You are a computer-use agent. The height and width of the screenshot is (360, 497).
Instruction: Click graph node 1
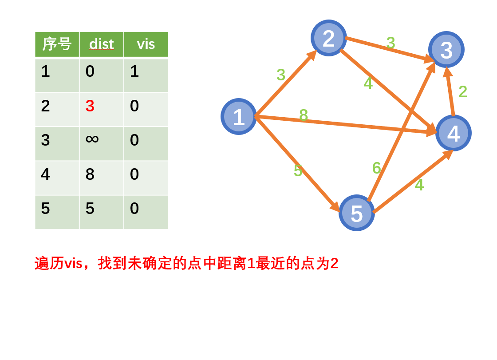tap(239, 117)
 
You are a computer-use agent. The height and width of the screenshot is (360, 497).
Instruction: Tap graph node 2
tap(328, 38)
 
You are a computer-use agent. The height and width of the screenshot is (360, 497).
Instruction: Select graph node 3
tap(446, 50)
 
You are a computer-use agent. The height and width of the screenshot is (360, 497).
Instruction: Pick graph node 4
tap(453, 133)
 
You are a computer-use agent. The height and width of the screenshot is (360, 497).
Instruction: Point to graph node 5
tap(356, 213)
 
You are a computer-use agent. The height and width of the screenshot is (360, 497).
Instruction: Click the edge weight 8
tap(304, 115)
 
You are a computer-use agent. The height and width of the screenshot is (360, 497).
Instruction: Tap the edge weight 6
tap(376, 168)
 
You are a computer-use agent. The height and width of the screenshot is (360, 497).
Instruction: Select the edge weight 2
tap(463, 92)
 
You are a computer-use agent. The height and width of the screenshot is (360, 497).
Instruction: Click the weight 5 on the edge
tap(298, 171)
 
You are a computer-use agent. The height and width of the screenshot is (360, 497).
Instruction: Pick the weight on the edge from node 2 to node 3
tap(390, 43)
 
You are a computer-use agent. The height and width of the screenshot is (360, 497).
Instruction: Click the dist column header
tap(101, 44)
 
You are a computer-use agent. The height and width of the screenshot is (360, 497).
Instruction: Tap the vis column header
tap(146, 44)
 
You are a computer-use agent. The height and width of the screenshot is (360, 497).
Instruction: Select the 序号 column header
tap(57, 44)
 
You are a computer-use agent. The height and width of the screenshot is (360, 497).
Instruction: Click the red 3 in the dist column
tap(90, 106)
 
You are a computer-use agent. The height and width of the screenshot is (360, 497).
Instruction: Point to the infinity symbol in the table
tap(92, 139)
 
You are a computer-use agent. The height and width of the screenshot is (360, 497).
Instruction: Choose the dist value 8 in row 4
tap(90, 174)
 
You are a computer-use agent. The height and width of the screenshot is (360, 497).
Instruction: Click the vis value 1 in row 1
tap(134, 71)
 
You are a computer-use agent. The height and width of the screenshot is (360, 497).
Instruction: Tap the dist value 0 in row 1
tap(90, 71)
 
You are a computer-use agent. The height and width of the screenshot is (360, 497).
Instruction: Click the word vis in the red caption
tap(73, 264)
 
